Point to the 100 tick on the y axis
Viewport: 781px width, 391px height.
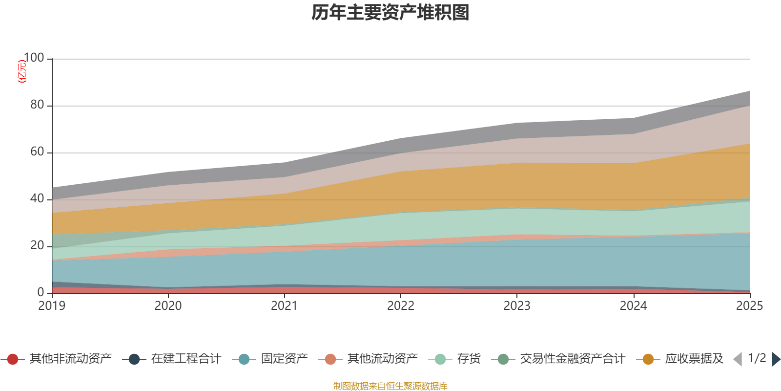click(34, 58)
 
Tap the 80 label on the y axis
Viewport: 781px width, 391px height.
click(37, 105)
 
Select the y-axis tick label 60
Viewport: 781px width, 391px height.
click(37, 152)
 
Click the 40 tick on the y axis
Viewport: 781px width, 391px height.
click(37, 199)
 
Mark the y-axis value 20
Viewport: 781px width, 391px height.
click(37, 246)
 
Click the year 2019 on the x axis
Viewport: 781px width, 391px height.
click(52, 306)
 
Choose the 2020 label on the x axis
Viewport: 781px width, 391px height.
click(168, 306)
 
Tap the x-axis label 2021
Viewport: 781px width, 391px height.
click(285, 306)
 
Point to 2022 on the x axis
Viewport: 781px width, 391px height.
click(401, 306)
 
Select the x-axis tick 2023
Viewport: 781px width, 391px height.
click(517, 306)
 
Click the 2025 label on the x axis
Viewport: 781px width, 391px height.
click(749, 306)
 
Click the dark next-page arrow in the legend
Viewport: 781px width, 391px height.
click(776, 359)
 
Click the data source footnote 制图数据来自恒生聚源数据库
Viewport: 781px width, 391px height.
click(390, 386)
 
